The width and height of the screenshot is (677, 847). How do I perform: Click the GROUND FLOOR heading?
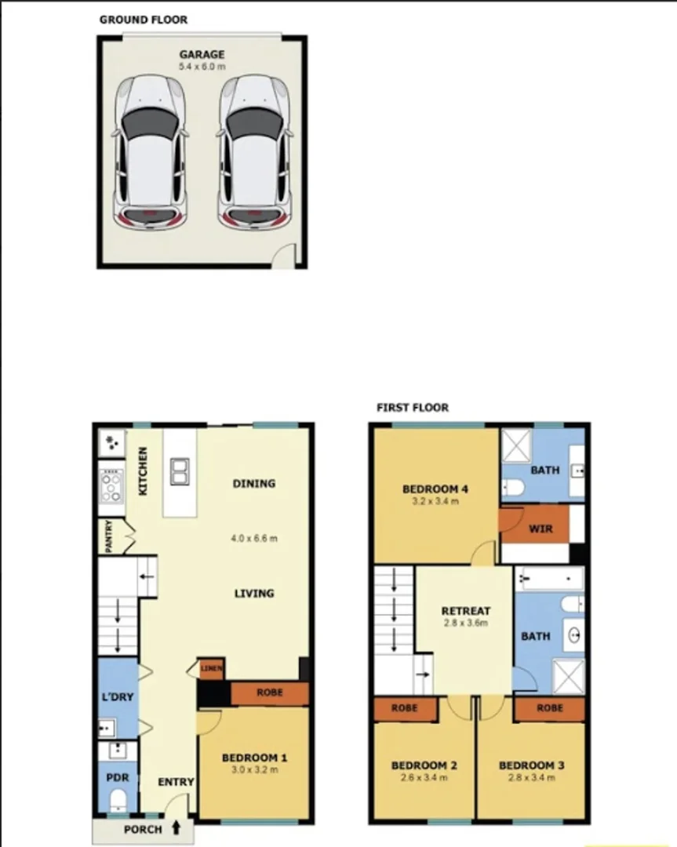tap(143, 19)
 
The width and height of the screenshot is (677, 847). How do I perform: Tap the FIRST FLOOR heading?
tap(413, 408)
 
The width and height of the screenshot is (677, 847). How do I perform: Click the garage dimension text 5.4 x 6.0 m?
tap(202, 67)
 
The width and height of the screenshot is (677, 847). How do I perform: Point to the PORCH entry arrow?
tap(176, 827)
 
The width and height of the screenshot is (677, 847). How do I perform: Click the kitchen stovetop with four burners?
tap(111, 485)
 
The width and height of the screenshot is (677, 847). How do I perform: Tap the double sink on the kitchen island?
tap(180, 471)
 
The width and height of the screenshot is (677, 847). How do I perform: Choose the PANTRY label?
tap(109, 537)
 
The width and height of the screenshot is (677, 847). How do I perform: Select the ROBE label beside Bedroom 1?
tap(269, 693)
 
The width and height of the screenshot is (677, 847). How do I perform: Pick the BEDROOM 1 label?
tap(254, 758)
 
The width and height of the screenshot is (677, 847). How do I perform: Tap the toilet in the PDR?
tap(118, 800)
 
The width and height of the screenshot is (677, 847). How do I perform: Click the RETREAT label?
tap(465, 611)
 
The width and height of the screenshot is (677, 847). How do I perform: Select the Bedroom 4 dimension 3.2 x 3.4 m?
tap(435, 501)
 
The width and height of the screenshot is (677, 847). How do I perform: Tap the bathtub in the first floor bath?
tap(550, 580)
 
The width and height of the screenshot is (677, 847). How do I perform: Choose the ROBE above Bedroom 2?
tap(406, 708)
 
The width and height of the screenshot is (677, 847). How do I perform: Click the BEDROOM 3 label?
tap(531, 765)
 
